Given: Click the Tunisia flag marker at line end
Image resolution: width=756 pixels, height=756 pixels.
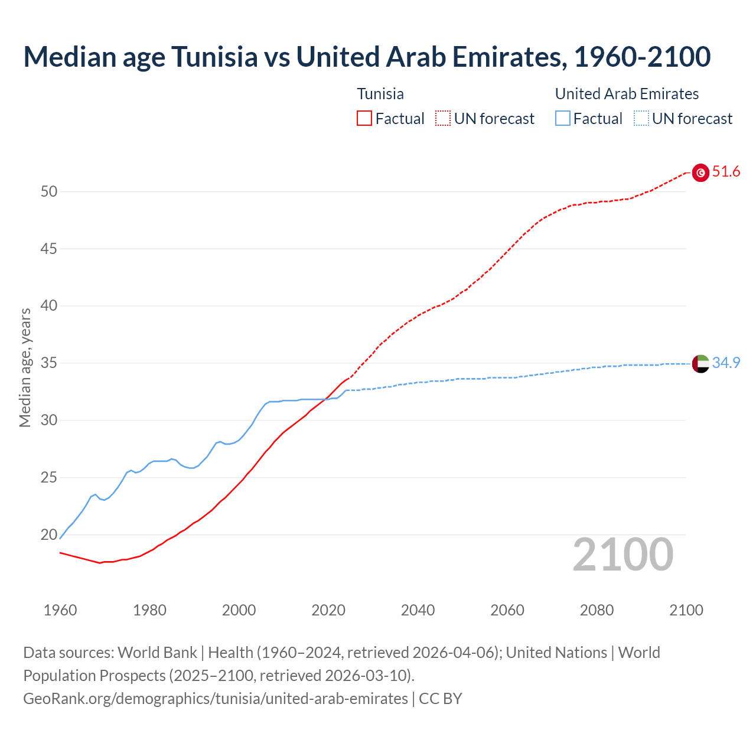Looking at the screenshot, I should point(700,172).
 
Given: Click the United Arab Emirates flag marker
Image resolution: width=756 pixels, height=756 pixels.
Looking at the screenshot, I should point(700,363).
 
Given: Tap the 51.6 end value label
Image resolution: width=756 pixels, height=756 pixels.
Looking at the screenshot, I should point(726,172).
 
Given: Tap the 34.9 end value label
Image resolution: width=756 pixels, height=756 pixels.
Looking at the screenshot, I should point(726,363).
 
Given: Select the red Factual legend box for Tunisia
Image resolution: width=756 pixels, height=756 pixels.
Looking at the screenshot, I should point(364,119).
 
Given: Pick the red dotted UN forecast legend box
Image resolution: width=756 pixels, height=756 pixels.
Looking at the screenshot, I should point(443,119).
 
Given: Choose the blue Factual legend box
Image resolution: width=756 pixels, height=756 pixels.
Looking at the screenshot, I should point(563,119).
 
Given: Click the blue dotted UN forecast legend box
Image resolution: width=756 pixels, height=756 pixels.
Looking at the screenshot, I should point(641,119).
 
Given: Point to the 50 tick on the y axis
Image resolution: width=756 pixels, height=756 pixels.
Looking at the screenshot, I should point(49,191).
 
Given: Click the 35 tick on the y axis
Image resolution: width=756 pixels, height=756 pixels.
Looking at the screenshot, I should point(49,363).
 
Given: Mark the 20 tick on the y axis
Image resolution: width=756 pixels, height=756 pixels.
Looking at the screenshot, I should point(49,535).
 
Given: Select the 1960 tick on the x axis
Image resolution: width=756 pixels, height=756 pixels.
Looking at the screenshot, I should point(60,610).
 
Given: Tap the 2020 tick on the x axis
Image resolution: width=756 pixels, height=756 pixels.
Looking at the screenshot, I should point(328,610).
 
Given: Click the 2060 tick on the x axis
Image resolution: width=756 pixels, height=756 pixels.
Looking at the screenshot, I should point(507,610).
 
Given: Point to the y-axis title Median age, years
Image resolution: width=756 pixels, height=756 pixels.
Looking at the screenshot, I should point(25,367).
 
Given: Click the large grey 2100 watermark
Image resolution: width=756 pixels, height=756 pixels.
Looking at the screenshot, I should point(623,555).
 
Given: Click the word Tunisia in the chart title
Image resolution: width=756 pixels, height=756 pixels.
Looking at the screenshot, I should point(214,57).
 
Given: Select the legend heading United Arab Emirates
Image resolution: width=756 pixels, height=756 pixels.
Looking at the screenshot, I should point(627,94).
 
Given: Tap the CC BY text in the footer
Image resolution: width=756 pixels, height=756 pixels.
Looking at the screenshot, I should point(440,699).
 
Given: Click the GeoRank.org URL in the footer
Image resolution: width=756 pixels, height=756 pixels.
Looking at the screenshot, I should point(215,699).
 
